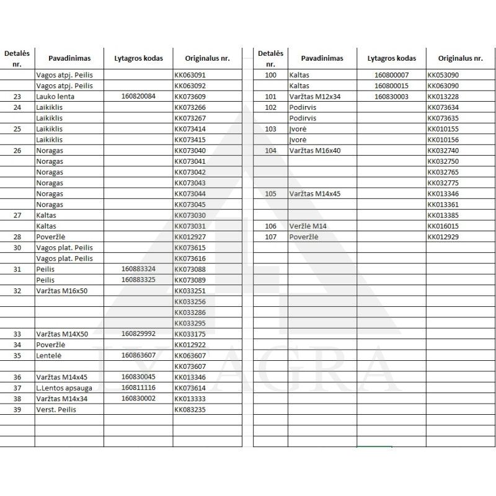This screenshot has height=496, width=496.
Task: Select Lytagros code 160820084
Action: [x=138, y=97]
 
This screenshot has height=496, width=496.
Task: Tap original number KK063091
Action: [x=190, y=75]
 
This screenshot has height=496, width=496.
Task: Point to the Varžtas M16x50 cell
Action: [x=61, y=291]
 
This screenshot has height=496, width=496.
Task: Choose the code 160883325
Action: [x=138, y=280]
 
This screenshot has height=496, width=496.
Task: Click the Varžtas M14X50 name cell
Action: [x=62, y=334]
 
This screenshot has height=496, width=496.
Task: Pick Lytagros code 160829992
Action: [x=138, y=334]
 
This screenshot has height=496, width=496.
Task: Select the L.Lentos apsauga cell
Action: [x=61, y=387]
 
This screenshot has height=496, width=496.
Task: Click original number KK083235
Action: [x=190, y=409]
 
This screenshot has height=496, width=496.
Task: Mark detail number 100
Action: [x=270, y=75]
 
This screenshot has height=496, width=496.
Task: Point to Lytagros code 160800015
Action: [x=391, y=86]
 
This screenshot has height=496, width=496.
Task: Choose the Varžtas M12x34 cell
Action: [x=314, y=97]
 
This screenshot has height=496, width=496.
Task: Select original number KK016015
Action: [x=443, y=226]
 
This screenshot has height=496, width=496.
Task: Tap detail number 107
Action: [x=270, y=237]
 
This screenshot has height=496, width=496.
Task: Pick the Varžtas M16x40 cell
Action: [x=314, y=151]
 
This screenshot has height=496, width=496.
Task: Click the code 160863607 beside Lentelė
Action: [x=138, y=355]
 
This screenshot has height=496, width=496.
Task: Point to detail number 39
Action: [x=17, y=409]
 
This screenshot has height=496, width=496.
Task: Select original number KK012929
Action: [x=443, y=237]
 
